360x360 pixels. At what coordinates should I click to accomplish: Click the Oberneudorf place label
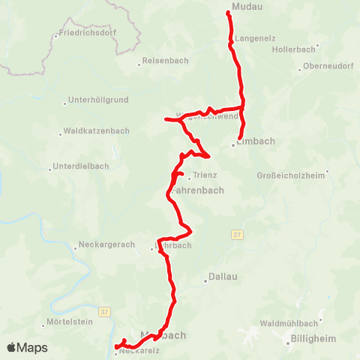329,66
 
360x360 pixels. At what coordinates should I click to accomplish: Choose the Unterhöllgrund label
99,100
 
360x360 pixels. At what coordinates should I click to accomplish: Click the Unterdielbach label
81,166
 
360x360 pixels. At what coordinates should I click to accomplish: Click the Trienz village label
205,175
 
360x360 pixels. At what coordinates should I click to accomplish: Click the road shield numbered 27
237,235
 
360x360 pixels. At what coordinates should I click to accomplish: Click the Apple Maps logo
28,347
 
